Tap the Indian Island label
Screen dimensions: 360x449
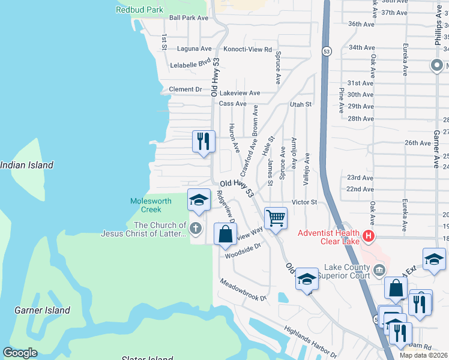coord(26,165)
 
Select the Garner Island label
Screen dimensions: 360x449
coord(42,310)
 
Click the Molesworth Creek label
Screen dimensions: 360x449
coord(151,205)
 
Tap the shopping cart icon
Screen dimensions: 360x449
coord(276,218)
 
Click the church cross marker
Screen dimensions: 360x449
coord(195,228)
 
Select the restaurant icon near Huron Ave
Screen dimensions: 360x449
coord(203,142)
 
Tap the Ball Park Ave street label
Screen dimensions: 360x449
coord(188,18)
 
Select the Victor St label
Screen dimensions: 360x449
coord(304,202)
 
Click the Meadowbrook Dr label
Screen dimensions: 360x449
coord(243,290)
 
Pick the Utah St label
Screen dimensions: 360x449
coord(301,104)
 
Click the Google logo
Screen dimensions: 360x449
coord(20,353)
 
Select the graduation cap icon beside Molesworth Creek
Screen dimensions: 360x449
coord(199,200)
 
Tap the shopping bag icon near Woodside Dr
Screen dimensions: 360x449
coord(225,234)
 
